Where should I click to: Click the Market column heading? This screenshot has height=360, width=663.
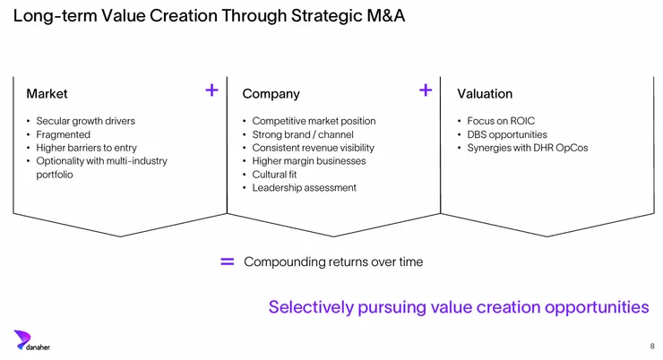(x=47, y=93)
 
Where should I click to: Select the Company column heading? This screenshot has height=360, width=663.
(x=271, y=93)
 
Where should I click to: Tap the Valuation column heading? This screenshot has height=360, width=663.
(x=485, y=93)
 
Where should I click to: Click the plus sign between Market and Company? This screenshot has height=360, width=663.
(x=211, y=90)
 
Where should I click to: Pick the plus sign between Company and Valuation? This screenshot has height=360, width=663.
(x=426, y=90)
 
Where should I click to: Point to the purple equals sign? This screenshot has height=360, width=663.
(x=227, y=261)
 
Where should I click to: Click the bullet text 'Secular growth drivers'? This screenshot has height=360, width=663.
(x=85, y=121)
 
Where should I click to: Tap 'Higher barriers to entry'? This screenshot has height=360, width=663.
(x=86, y=148)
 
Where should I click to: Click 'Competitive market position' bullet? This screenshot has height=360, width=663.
(x=314, y=121)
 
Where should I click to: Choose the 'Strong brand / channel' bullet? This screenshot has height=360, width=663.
(x=302, y=134)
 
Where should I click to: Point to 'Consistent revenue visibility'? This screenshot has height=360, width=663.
(x=313, y=148)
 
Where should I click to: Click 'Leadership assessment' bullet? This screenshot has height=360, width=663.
(x=304, y=188)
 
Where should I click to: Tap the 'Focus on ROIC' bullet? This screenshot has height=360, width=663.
(x=501, y=121)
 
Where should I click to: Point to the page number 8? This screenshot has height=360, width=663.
(x=651, y=346)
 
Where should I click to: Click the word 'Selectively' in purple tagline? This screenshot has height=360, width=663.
(x=307, y=307)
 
